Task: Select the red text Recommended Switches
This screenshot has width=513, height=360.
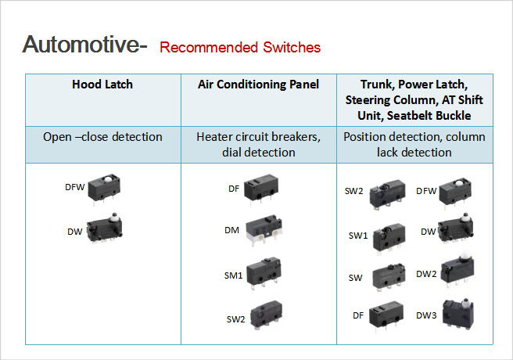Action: click(240, 48)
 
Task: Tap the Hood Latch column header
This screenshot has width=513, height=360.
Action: click(102, 85)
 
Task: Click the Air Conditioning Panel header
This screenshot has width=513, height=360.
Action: click(259, 85)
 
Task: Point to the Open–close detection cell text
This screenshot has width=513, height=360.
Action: click(102, 137)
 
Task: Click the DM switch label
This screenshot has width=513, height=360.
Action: click(231, 230)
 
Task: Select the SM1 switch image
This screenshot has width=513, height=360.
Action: click(264, 273)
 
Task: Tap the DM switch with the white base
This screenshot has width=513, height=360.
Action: click(264, 230)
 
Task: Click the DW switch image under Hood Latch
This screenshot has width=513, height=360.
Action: click(105, 227)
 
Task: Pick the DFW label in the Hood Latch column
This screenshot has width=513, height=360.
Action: click(75, 187)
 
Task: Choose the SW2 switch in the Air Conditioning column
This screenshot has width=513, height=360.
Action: click(266, 315)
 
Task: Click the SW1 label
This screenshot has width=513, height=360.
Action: click(358, 236)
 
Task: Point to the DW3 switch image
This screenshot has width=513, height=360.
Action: click(458, 313)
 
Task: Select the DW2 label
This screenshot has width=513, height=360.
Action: click(426, 274)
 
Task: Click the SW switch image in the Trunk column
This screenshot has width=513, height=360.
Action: click(389, 276)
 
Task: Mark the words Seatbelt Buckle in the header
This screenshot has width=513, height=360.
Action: click(429, 116)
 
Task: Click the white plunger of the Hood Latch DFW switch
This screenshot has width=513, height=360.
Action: click(108, 179)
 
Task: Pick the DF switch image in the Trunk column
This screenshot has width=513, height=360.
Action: click(386, 315)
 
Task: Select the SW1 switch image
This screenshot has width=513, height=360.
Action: click(389, 237)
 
